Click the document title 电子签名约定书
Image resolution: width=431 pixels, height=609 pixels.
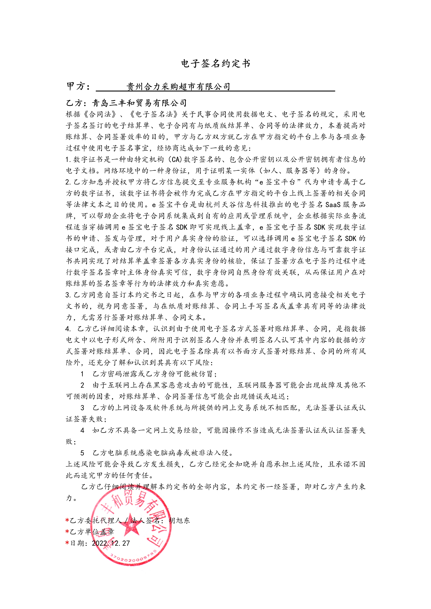point(215,64)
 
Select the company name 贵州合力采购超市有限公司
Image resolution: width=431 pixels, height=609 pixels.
point(178,86)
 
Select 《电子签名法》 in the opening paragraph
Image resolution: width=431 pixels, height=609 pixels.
point(154,114)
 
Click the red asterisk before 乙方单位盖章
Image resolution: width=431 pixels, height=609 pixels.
point(67,532)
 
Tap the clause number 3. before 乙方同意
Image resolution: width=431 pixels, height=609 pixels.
point(68,295)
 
